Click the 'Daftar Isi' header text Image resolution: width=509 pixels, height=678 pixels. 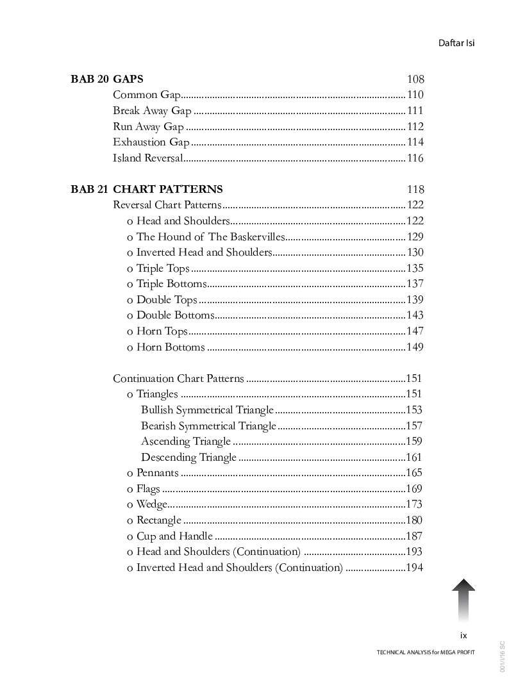point(456,43)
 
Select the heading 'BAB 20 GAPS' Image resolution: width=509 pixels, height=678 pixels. point(107,79)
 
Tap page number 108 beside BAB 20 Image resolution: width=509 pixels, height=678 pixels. point(415,79)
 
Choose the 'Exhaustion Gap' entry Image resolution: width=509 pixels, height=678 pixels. point(151,142)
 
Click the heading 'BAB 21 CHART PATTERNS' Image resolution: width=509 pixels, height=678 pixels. point(147,189)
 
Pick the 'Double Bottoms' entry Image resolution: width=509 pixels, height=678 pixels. point(175,315)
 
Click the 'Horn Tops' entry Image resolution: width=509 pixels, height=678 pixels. point(162,331)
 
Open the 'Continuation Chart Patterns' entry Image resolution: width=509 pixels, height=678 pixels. point(178,379)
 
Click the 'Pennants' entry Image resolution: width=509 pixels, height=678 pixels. point(158,473)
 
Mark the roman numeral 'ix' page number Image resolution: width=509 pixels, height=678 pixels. point(463,636)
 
